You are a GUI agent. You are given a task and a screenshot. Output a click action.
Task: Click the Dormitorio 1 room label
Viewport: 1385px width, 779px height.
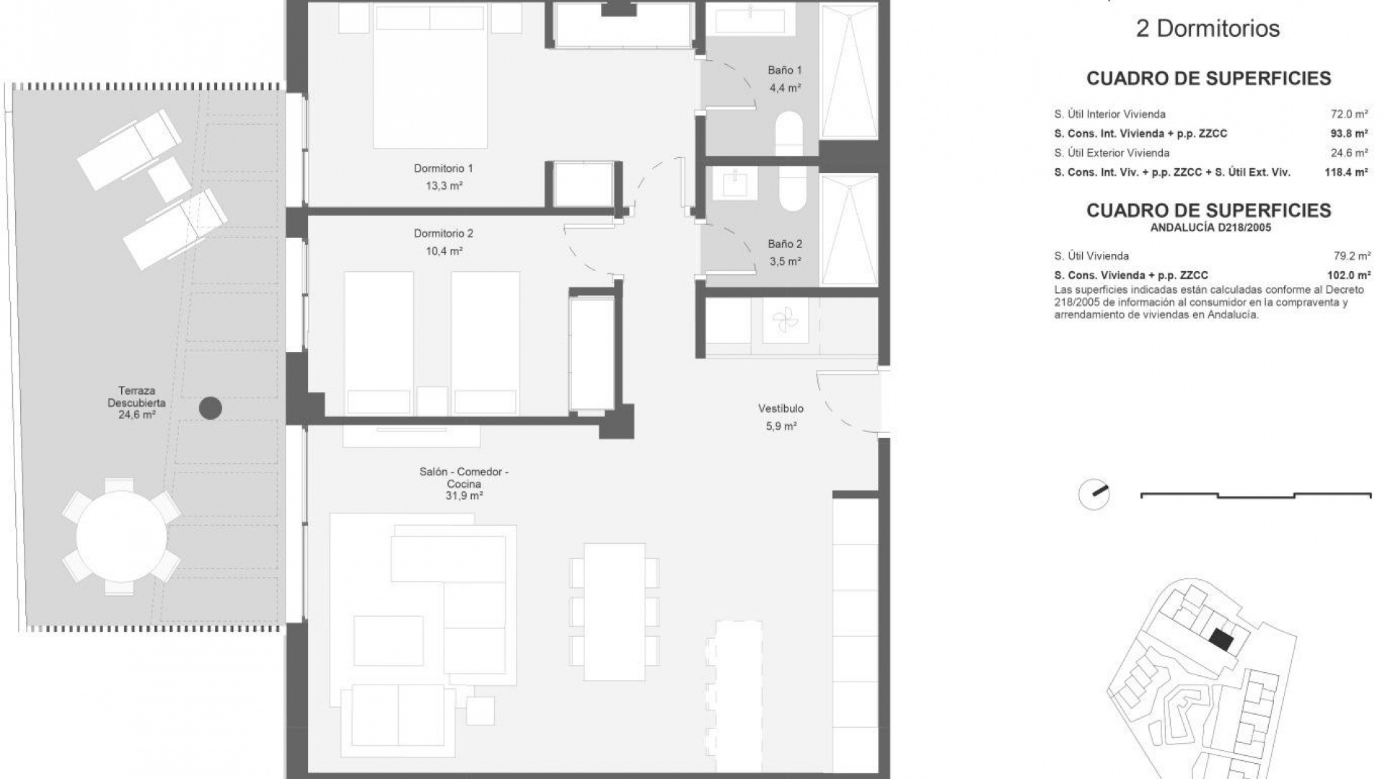443,169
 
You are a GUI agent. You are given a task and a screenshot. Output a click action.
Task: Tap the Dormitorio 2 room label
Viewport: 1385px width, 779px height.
443,234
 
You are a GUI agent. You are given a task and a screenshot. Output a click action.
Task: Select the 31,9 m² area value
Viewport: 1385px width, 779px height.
464,496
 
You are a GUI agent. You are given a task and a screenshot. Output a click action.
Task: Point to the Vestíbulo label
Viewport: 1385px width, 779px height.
781,408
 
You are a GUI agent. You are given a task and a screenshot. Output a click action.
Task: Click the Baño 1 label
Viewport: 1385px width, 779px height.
785,71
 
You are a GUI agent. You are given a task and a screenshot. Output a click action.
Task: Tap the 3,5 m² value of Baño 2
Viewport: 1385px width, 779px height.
785,262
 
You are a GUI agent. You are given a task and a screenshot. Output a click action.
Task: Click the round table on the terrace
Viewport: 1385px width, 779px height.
121,537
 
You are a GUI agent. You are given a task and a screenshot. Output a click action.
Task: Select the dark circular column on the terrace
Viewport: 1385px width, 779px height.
210,408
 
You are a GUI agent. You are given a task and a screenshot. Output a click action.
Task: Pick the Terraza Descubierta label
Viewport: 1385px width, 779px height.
136,397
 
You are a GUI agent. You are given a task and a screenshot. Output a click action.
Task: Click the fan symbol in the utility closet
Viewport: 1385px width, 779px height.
785,320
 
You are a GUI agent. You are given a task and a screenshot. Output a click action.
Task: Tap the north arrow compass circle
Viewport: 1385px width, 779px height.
1094,495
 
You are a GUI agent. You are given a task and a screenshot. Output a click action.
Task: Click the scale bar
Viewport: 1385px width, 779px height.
1255,495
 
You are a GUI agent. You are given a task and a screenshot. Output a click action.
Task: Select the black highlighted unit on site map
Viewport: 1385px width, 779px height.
1221,639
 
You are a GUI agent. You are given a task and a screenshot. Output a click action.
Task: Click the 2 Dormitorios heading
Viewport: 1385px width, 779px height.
1208,29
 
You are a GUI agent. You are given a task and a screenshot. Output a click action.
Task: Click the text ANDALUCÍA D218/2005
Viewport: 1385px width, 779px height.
1210,228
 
